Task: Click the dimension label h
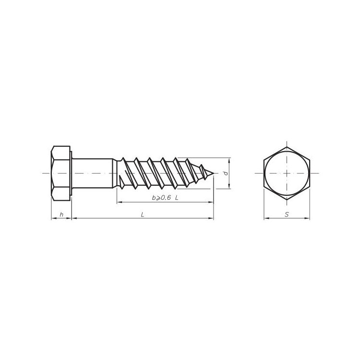pyautogui.click(x=61, y=215)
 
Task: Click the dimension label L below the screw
pyautogui.click(x=143, y=215)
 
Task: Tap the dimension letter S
pyautogui.click(x=287, y=215)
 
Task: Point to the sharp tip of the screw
pyautogui.click(x=213, y=173)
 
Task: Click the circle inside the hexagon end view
pyautogui.click(x=276, y=163)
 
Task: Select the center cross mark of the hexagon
pyautogui.click(x=287, y=173)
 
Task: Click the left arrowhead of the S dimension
pyautogui.click(x=265, y=219)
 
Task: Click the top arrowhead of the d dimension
pyautogui.click(x=229, y=159)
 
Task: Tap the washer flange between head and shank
pyautogui.click(x=71, y=173)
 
